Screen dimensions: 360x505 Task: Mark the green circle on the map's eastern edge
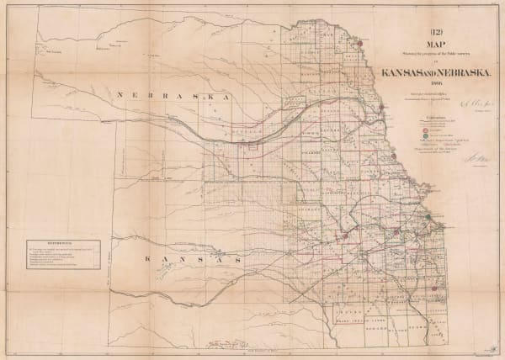click(428, 217)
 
